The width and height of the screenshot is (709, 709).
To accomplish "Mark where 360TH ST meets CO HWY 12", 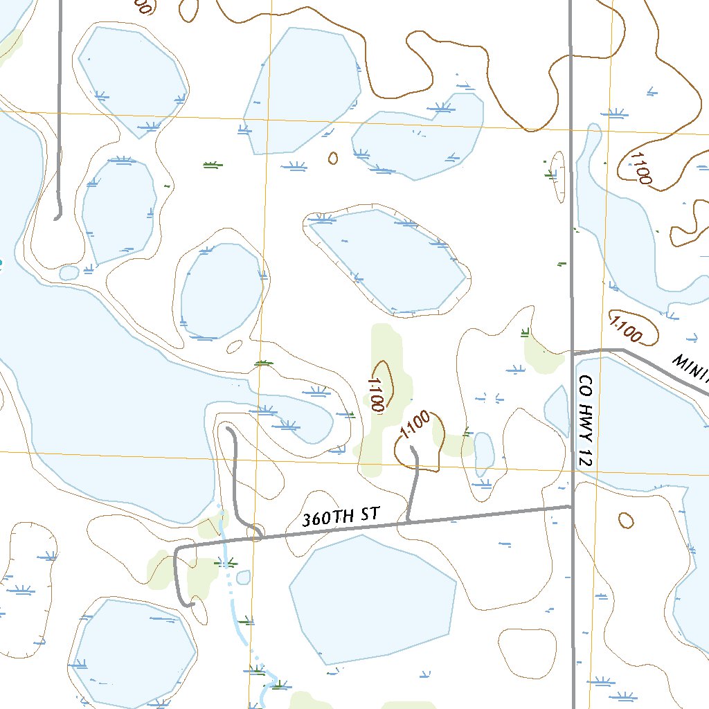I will coord(573,506).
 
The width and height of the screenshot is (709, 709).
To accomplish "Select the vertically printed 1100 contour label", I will coord(377,394).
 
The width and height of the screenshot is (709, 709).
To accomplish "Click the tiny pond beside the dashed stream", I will coord(243,577).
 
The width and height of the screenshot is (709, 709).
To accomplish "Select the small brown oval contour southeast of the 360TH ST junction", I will coord(625,520).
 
